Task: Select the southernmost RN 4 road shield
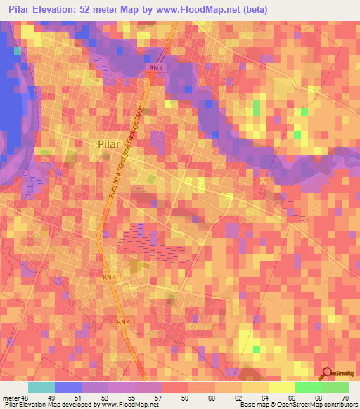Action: point(124,322)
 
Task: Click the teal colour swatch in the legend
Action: point(41,387)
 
